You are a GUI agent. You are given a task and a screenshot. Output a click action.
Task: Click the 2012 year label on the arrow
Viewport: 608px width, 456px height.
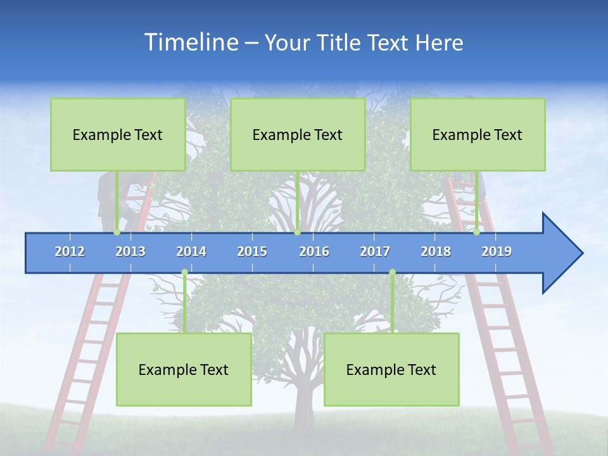click(x=70, y=251)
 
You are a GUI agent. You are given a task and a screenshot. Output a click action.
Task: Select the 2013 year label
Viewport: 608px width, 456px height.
click(x=130, y=251)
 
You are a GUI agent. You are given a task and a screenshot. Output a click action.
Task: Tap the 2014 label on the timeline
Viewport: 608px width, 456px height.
click(x=191, y=251)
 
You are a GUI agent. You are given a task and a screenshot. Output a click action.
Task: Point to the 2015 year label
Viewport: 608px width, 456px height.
click(x=252, y=251)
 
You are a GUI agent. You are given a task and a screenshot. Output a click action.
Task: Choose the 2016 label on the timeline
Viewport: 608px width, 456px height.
click(x=314, y=251)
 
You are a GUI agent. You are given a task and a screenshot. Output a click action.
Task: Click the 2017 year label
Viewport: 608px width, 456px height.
click(x=375, y=251)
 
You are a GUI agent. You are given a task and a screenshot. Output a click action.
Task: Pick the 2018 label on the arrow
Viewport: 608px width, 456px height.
click(x=436, y=251)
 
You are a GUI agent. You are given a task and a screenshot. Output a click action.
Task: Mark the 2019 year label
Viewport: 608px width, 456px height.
click(x=497, y=251)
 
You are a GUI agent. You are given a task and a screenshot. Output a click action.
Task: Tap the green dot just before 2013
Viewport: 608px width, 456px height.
click(x=117, y=232)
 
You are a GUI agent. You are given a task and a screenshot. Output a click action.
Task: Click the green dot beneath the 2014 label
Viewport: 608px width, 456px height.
click(x=184, y=272)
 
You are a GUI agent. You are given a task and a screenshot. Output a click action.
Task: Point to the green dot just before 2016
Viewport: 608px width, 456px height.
click(x=297, y=232)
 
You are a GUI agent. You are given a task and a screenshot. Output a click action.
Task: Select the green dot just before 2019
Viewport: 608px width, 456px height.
click(x=476, y=232)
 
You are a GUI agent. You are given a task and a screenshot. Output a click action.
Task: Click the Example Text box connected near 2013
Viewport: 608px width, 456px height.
click(x=118, y=135)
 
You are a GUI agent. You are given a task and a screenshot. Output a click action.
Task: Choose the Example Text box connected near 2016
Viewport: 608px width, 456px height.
click(x=298, y=135)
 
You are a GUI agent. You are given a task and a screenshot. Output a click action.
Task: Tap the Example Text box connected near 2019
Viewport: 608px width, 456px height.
click(x=478, y=135)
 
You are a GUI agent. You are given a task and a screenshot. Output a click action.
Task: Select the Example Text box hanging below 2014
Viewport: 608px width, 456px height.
click(x=184, y=370)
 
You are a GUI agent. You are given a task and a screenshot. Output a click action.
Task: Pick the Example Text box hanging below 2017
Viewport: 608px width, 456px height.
click(x=391, y=370)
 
